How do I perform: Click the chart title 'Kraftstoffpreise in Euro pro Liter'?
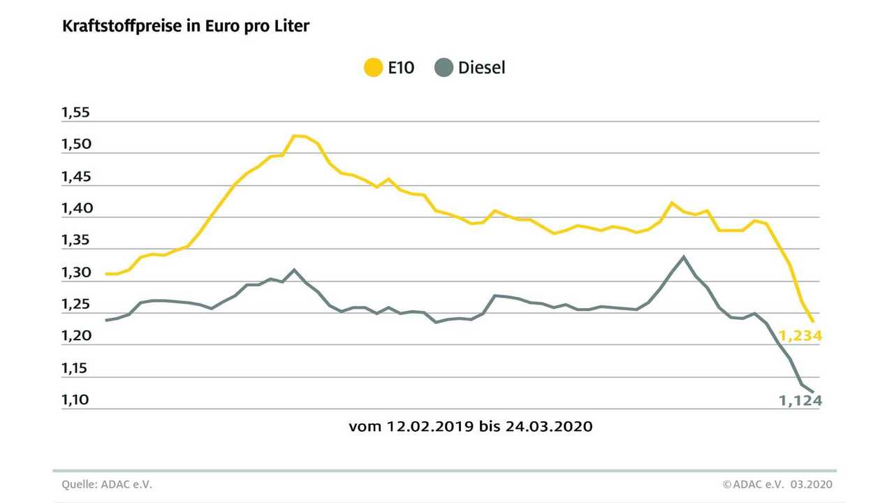(x=186, y=27)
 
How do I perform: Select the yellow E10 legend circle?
(x=374, y=68)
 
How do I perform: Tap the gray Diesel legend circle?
(x=444, y=68)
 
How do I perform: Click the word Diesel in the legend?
(x=482, y=68)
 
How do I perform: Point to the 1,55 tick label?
(x=75, y=112)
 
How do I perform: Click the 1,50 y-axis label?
(x=76, y=144)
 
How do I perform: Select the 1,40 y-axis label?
(x=77, y=208)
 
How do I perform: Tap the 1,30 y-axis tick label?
(x=76, y=272)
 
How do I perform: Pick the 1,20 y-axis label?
(x=76, y=336)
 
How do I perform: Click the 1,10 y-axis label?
(x=75, y=400)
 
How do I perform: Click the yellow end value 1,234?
(x=800, y=336)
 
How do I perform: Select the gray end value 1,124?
(x=800, y=400)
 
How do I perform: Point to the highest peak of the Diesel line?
(x=684, y=257)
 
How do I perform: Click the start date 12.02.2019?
(x=430, y=426)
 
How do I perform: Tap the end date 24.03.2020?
(x=549, y=426)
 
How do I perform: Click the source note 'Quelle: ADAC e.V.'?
(x=107, y=485)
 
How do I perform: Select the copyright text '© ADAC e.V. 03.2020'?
(x=777, y=485)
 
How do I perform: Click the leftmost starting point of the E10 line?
(x=106, y=274)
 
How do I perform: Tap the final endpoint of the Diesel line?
(x=813, y=392)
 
